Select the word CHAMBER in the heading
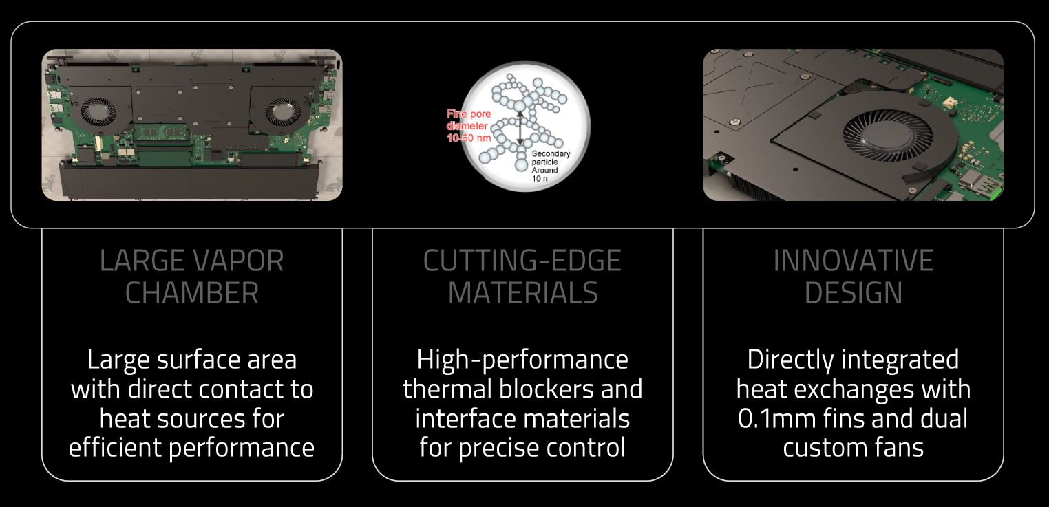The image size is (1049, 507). (192, 292)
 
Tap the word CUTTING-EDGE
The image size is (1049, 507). (522, 261)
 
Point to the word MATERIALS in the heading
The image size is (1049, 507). (522, 292)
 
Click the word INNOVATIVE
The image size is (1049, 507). (854, 261)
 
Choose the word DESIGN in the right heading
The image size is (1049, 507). (854, 292)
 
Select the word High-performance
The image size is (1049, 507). (522, 360)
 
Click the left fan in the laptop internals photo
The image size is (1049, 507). (98, 111)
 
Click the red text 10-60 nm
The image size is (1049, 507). (469, 138)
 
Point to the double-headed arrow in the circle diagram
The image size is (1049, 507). (520, 128)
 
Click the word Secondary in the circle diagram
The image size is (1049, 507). (551, 153)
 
